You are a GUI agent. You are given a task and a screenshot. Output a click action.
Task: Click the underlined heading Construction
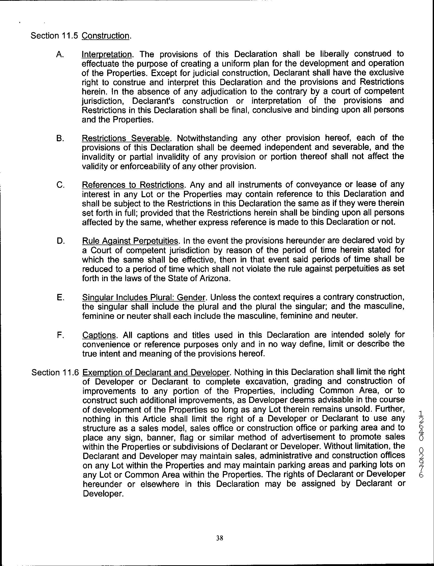[x=105, y=36]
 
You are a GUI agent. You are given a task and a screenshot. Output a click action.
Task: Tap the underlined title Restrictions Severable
[x=126, y=138]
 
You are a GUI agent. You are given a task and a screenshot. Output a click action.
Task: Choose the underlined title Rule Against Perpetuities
[x=130, y=241]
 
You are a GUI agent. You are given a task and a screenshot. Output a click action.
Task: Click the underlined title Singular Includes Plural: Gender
[x=144, y=297]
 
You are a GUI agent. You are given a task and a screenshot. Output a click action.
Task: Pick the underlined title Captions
[x=99, y=335]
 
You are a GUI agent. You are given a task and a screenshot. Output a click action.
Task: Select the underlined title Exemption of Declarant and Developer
[x=156, y=372]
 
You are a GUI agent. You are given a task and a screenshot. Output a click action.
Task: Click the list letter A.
[x=60, y=55]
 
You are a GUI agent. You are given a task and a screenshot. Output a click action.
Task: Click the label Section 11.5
[x=54, y=36]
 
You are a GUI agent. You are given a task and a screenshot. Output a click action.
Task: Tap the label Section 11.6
[x=55, y=372]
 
